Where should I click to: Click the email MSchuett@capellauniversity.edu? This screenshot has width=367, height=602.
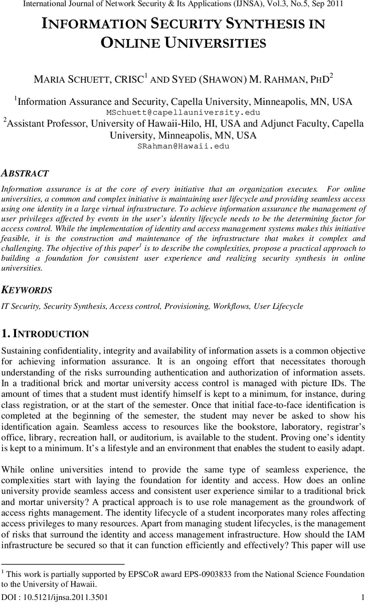(x=183, y=112)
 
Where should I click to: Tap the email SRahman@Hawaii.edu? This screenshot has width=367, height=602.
(x=183, y=146)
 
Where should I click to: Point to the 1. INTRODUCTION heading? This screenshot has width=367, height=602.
(x=46, y=334)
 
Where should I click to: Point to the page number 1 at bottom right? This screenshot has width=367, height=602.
(x=362, y=597)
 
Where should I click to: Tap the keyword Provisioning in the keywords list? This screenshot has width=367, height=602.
(x=190, y=306)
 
